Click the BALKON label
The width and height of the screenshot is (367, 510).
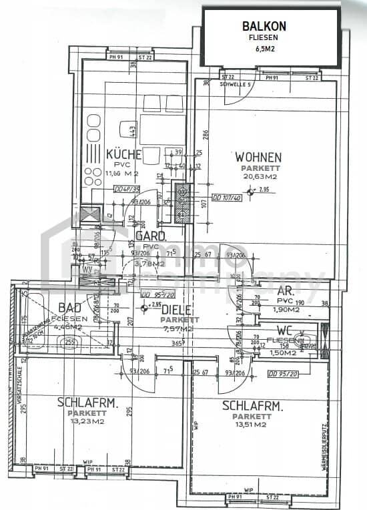[x=264, y=26]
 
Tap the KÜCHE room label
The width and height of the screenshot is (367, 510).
[x=123, y=155]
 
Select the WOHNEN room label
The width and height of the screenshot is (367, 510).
[x=258, y=158]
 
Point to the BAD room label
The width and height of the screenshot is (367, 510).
[x=70, y=308]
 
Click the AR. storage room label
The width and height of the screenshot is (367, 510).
[x=268, y=291]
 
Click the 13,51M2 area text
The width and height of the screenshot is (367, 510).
[x=252, y=424]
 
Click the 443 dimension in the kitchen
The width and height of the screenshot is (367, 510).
[x=133, y=130]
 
